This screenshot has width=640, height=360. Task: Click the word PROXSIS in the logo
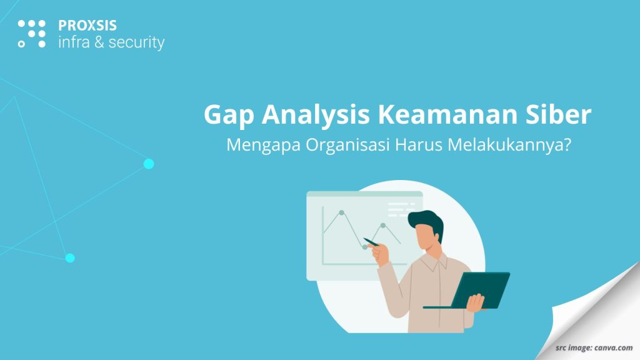[x=87, y=26]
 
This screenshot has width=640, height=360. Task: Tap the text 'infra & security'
[x=111, y=42]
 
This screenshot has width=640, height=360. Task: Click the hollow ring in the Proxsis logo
[x=22, y=44]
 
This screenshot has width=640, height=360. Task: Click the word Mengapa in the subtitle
[x=262, y=146]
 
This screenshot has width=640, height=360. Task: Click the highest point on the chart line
[x=341, y=212]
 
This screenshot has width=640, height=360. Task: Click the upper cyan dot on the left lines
[x=149, y=164]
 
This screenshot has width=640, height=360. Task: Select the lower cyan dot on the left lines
[x=70, y=257]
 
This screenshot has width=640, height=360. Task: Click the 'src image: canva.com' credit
[x=594, y=347]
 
